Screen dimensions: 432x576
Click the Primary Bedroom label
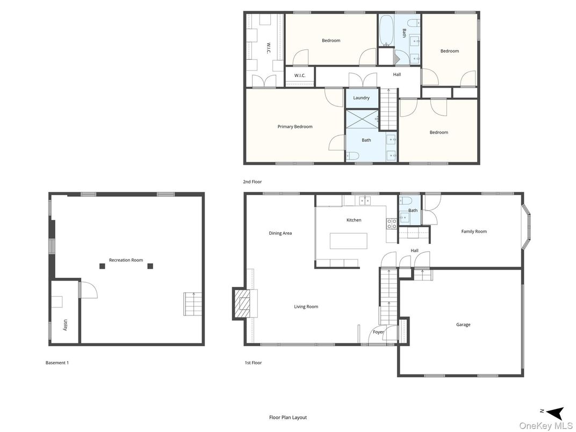click(295, 127)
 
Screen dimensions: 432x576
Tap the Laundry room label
click(361, 98)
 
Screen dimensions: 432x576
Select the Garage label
click(463, 325)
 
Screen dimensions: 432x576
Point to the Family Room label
click(474, 232)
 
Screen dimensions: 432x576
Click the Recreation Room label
click(126, 260)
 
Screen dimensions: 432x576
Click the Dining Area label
click(280, 233)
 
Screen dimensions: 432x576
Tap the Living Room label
click(306, 307)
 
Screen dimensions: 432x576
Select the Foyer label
click(378, 332)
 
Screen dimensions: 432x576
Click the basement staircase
click(191, 304)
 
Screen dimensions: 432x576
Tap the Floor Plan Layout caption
click(288, 417)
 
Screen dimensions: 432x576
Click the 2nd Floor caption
click(253, 182)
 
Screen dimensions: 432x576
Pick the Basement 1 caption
click(57, 363)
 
